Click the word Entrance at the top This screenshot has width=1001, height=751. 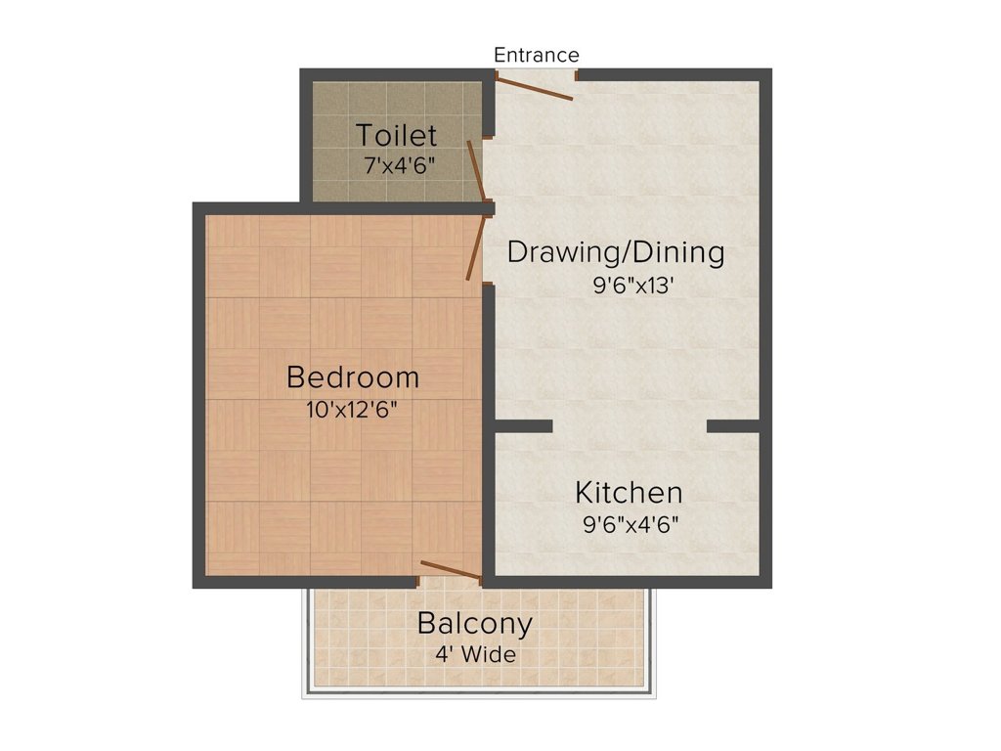coord(536,55)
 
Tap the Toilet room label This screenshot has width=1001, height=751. coord(396,134)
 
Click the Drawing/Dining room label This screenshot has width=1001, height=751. coord(616,252)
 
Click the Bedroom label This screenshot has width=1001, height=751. coord(352,376)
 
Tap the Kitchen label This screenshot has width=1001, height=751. coord(629,491)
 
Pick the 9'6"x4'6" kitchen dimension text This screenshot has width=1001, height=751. coord(631,523)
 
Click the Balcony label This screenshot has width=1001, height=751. coord(475,623)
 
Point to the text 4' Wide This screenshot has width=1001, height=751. coord(476,654)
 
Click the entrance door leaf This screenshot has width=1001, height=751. coord(533,88)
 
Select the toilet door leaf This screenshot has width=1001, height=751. coord(475,171)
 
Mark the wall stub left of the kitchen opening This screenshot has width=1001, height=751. coord(522,425)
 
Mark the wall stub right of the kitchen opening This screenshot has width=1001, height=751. coord(733,425)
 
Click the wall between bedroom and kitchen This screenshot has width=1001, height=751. coord(488,489)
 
